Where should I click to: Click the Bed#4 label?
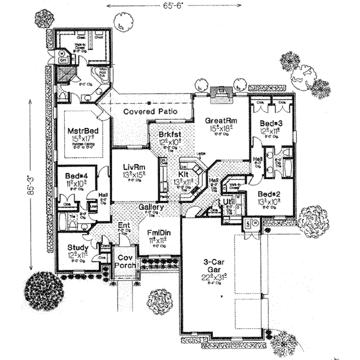pos(76,176)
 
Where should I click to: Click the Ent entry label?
pos(124,226)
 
